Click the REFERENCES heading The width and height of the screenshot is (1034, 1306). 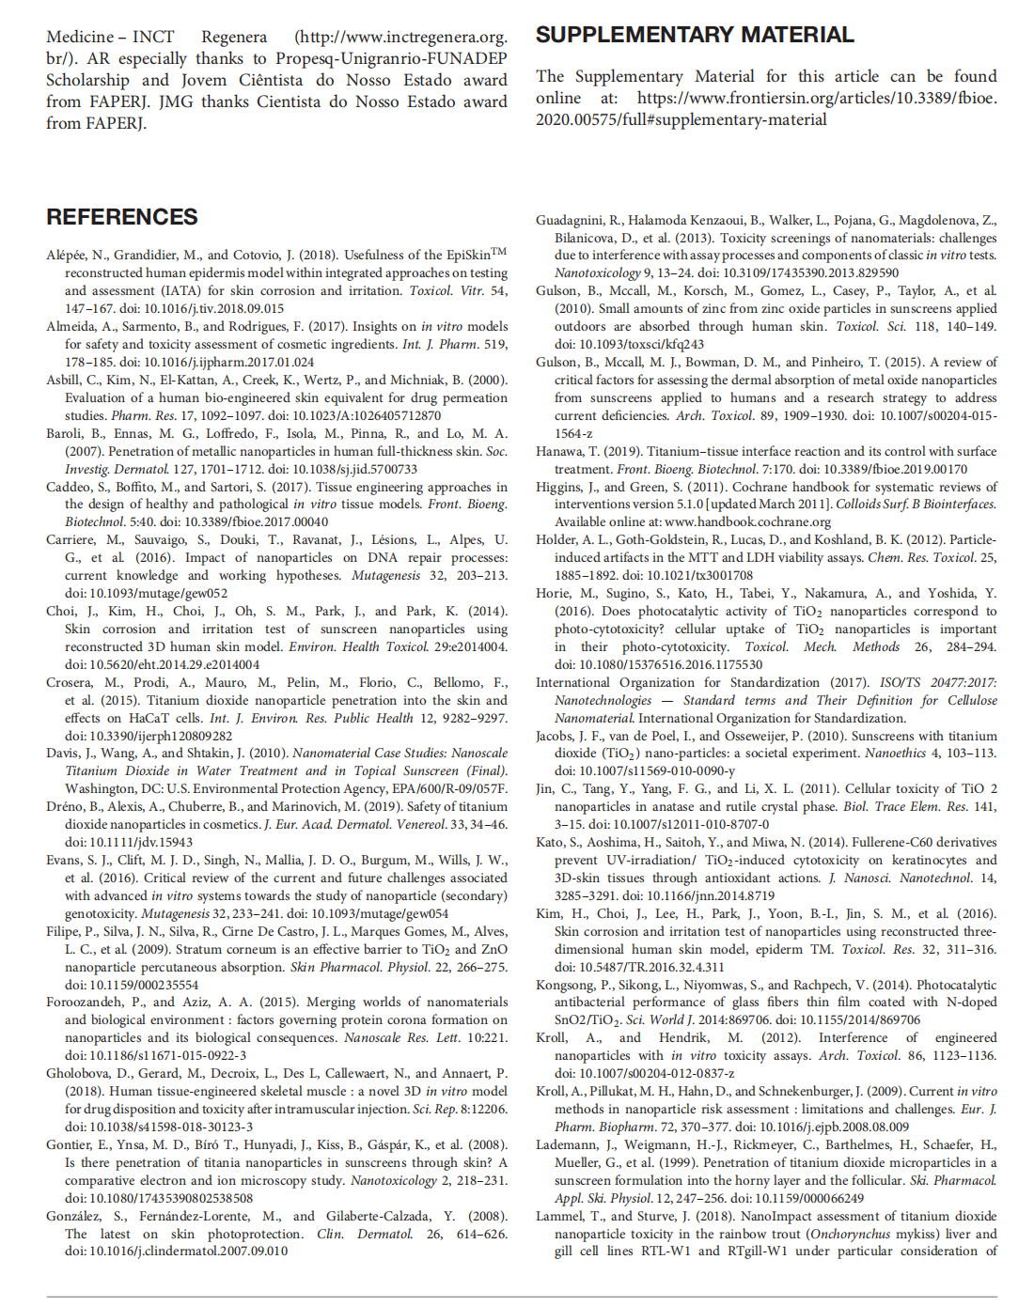tap(121, 217)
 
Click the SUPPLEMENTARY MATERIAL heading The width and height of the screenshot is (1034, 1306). tap(695, 35)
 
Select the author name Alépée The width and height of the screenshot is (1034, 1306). tap(69, 255)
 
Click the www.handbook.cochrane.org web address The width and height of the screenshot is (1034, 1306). tap(747, 522)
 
